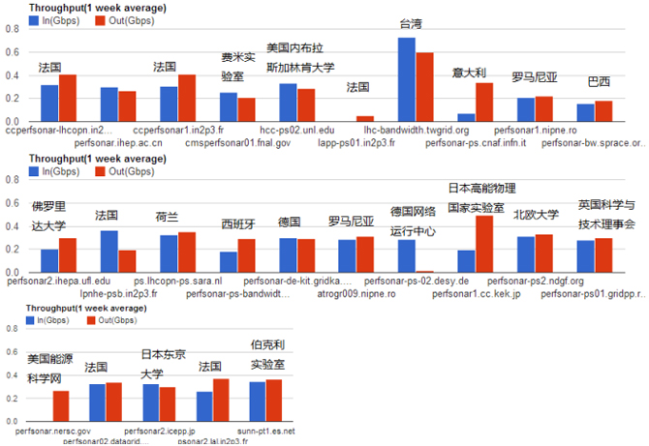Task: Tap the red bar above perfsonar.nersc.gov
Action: coord(61,406)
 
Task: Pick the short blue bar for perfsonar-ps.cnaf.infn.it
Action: coord(466,117)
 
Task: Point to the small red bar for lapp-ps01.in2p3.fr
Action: coord(364,118)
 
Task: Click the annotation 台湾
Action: coord(410,23)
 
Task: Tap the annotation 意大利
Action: coord(469,73)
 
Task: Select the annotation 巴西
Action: coord(600,80)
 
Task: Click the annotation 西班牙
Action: coord(237,223)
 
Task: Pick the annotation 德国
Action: coord(289,222)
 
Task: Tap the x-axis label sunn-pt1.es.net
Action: coord(265,431)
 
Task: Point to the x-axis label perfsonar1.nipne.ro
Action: coord(535,130)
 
